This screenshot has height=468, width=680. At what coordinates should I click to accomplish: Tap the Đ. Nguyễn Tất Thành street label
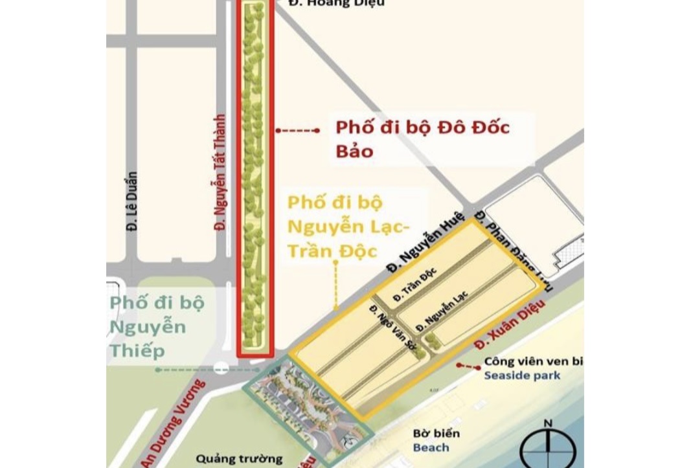[x=220, y=173]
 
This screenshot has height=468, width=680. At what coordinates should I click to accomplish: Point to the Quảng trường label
[x=231, y=459]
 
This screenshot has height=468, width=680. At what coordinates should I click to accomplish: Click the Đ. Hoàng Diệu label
[x=337, y=3]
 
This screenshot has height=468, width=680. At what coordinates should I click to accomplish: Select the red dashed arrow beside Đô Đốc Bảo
[x=297, y=131]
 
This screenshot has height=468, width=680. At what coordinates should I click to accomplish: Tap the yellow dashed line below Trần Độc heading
[x=335, y=285]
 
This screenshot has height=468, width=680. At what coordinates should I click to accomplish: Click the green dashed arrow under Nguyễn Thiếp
[x=207, y=370]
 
